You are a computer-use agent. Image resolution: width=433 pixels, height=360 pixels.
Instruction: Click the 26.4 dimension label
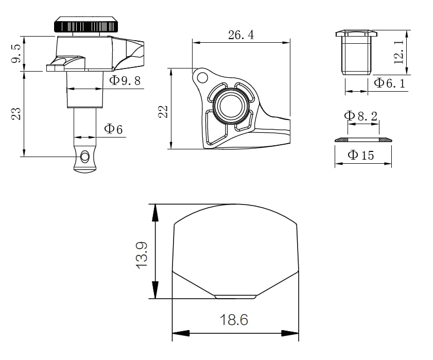[241, 35]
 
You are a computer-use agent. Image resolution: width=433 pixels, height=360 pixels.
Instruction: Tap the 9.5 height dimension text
[16, 54]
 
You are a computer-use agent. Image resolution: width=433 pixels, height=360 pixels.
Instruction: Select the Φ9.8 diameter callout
[125, 80]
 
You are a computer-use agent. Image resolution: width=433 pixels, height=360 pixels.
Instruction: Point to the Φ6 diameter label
[113, 129]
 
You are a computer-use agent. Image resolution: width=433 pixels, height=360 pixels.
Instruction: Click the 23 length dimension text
[16, 113]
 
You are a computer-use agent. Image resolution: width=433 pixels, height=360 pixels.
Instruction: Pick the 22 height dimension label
[163, 112]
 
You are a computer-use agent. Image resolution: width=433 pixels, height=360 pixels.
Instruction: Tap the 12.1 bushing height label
[399, 52]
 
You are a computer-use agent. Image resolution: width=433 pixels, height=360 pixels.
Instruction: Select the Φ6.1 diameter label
[389, 82]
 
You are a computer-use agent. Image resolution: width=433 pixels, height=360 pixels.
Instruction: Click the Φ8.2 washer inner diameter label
[360, 116]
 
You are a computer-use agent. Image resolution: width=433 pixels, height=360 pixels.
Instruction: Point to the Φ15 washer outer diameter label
[360, 155]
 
